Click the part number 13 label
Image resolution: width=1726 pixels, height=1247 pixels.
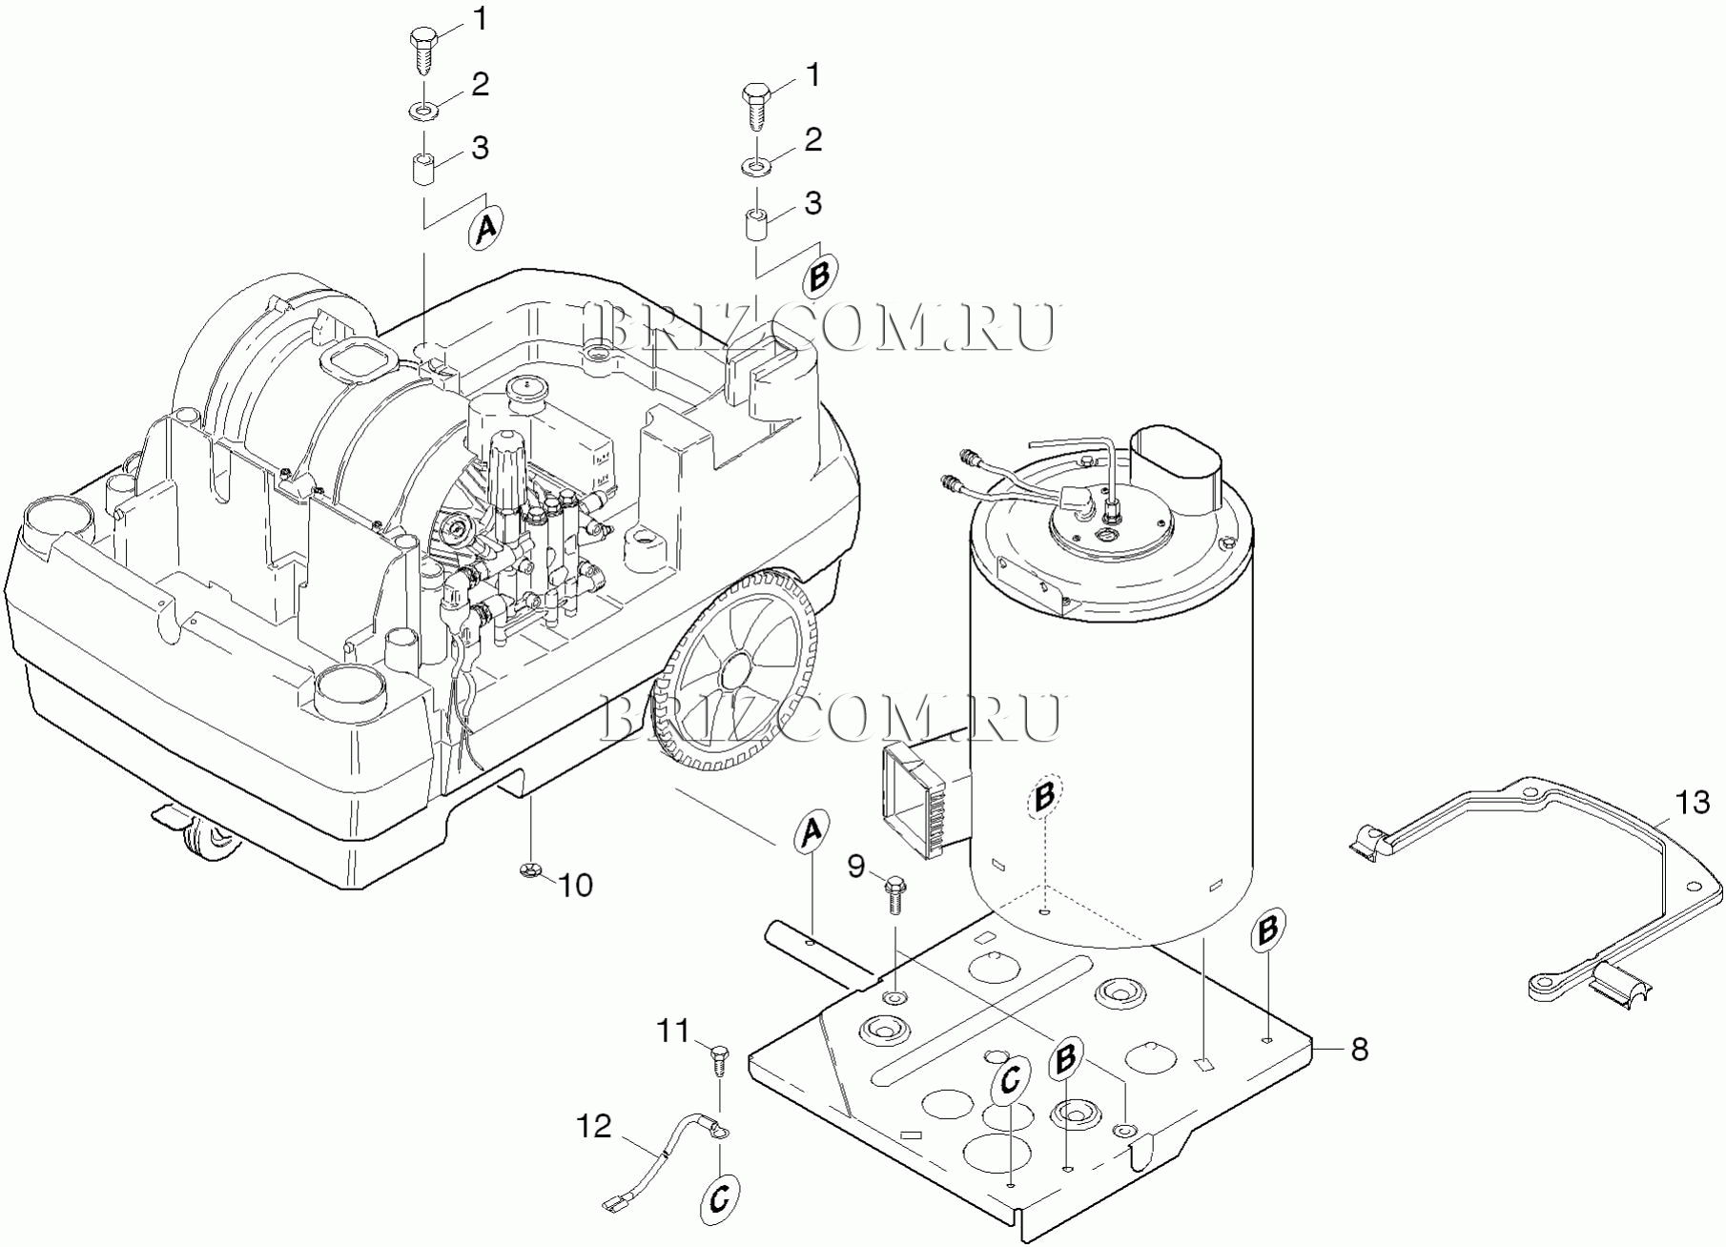(x=1694, y=804)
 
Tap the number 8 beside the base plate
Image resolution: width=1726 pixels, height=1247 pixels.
(x=1360, y=1050)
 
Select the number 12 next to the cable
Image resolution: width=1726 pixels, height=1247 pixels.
(x=593, y=1126)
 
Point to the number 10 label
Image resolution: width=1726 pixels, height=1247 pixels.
(x=575, y=885)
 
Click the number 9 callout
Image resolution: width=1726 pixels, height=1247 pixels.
(x=856, y=866)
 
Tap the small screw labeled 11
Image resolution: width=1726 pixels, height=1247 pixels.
(x=720, y=1059)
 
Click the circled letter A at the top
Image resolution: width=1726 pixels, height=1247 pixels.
(x=486, y=228)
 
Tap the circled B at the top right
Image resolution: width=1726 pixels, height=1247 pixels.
(x=821, y=277)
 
